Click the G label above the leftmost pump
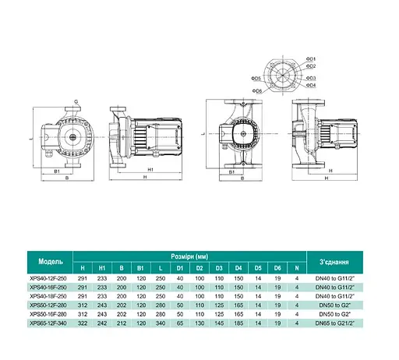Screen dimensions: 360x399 point(76,101)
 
